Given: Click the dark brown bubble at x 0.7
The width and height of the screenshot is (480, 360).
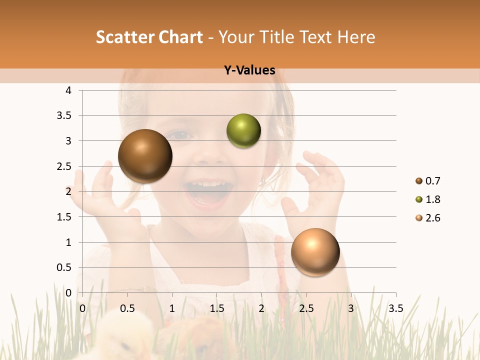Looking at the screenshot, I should (x=145, y=156).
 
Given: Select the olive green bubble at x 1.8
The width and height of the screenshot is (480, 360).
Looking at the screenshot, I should (x=243, y=131).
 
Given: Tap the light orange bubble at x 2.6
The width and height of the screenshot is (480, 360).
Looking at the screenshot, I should (x=315, y=252).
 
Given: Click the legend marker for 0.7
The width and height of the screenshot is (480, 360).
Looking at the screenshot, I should (x=419, y=181).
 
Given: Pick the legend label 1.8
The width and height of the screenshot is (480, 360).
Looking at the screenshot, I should (x=432, y=199).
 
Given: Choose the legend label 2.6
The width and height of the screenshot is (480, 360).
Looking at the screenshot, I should (x=432, y=218).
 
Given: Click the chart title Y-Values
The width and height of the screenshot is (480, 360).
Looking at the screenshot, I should (x=249, y=70).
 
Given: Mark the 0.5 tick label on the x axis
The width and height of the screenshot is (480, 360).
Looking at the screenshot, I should (x=127, y=308).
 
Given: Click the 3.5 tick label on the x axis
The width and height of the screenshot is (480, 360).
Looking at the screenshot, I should (x=395, y=308).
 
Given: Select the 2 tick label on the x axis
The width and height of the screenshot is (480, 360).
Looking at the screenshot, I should (x=261, y=308).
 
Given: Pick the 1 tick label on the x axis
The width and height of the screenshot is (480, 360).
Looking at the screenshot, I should (x=172, y=308).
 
